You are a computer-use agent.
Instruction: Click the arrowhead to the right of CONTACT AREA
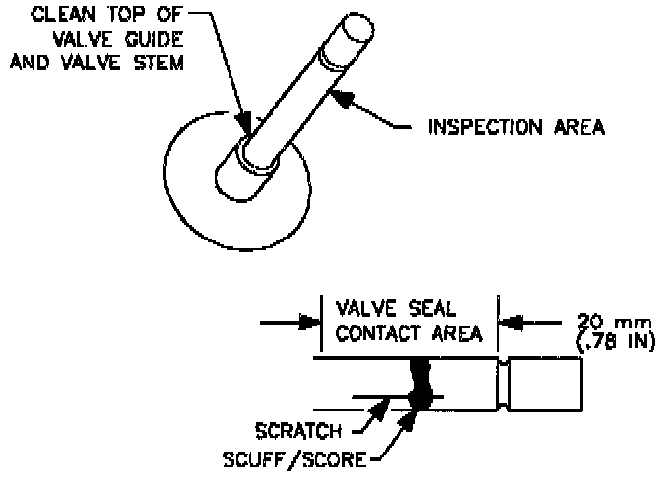click(507, 319)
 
